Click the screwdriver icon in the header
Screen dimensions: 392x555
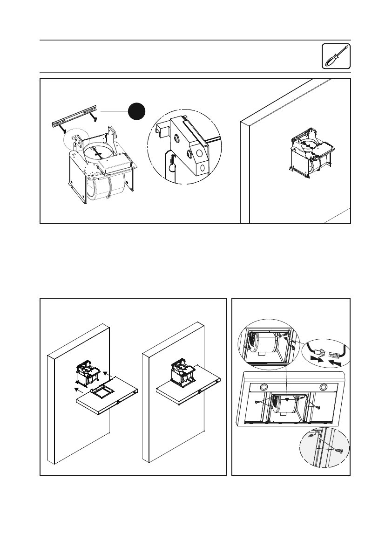click(336, 57)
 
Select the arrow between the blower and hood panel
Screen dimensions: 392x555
click(107, 373)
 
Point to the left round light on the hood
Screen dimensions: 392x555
click(263, 387)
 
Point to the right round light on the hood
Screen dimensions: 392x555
click(323, 387)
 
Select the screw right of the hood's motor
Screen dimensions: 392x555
click(318, 407)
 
